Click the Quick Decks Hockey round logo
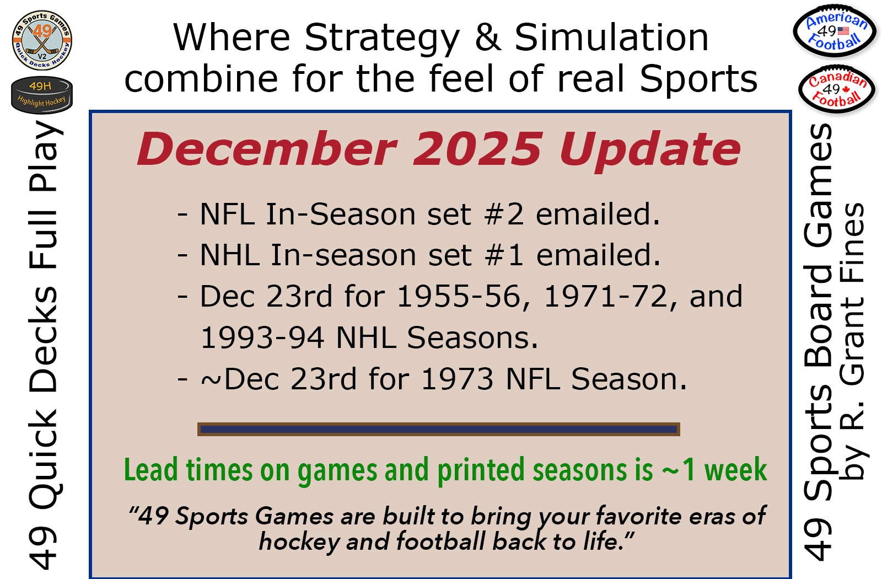(x=42, y=40)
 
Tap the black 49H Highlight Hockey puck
(x=42, y=95)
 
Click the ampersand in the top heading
(x=488, y=37)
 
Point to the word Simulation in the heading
(x=611, y=37)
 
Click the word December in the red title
(x=267, y=149)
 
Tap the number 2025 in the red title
(x=478, y=149)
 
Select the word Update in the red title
(x=650, y=152)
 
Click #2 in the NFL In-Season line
(x=504, y=215)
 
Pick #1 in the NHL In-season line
(x=504, y=255)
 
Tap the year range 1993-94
(x=262, y=337)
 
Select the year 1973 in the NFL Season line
(x=457, y=379)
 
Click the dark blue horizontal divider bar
(x=439, y=430)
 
